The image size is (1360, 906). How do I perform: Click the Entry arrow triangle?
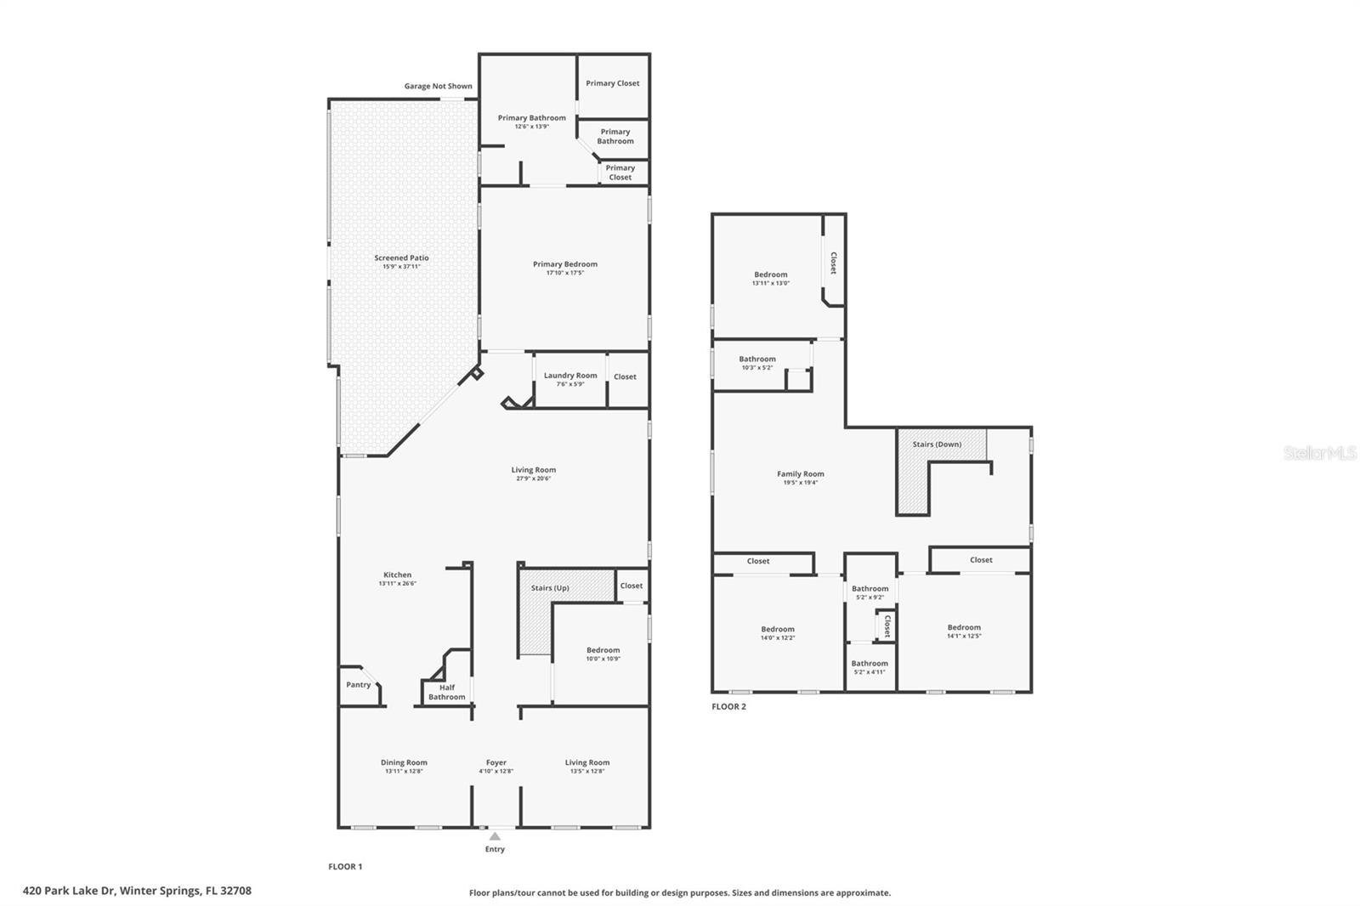(x=495, y=836)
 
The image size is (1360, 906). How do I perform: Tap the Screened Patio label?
(x=401, y=258)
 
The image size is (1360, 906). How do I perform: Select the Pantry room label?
(x=358, y=684)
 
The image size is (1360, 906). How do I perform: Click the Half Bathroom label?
(x=447, y=692)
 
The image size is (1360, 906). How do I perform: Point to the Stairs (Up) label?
(x=550, y=588)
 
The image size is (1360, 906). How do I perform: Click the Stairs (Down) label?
(x=937, y=445)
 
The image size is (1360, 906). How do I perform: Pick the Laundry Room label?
(x=570, y=376)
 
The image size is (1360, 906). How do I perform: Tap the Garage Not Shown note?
(x=438, y=86)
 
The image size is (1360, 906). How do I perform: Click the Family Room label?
(x=800, y=474)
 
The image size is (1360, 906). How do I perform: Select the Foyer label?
(x=496, y=762)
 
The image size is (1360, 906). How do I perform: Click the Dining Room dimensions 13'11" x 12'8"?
(x=404, y=772)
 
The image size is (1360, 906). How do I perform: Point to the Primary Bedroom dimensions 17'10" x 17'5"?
(x=565, y=273)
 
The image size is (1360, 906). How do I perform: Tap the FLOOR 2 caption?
(x=728, y=706)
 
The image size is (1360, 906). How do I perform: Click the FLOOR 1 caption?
(x=345, y=866)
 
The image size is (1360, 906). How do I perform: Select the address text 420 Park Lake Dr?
(x=137, y=891)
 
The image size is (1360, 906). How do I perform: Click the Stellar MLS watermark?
(x=1319, y=453)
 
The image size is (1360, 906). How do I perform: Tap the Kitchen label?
(x=397, y=575)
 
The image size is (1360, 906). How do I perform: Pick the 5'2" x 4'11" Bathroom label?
(x=870, y=664)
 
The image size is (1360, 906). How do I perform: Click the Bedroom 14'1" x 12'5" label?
(x=964, y=627)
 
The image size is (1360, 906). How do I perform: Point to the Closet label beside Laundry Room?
(x=625, y=377)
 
